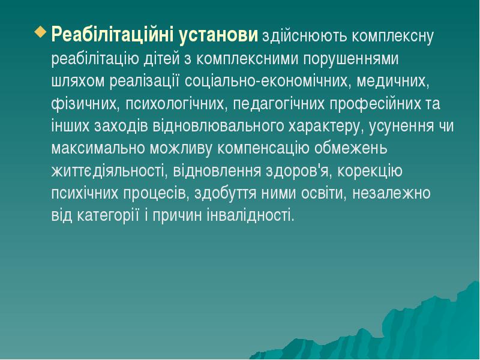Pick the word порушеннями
click(350, 59)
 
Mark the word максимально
click(94, 148)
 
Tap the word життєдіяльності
click(109, 171)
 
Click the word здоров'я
click(295, 171)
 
